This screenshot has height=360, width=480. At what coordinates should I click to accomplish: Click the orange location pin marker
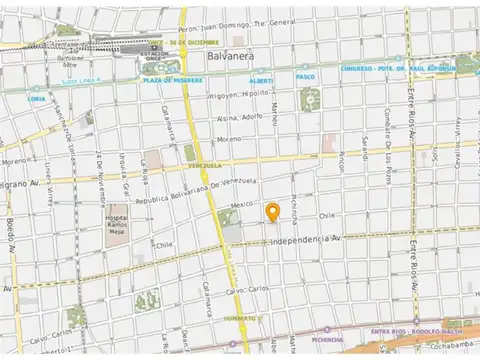point(272,211)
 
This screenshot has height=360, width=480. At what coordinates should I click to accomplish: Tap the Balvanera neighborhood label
point(231,57)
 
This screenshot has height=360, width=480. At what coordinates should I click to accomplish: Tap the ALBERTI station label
point(260,79)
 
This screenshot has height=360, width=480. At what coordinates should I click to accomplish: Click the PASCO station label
point(305,76)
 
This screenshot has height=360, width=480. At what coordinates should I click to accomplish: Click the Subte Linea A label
point(54,81)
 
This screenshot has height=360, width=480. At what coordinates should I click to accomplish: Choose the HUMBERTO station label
point(240,318)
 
